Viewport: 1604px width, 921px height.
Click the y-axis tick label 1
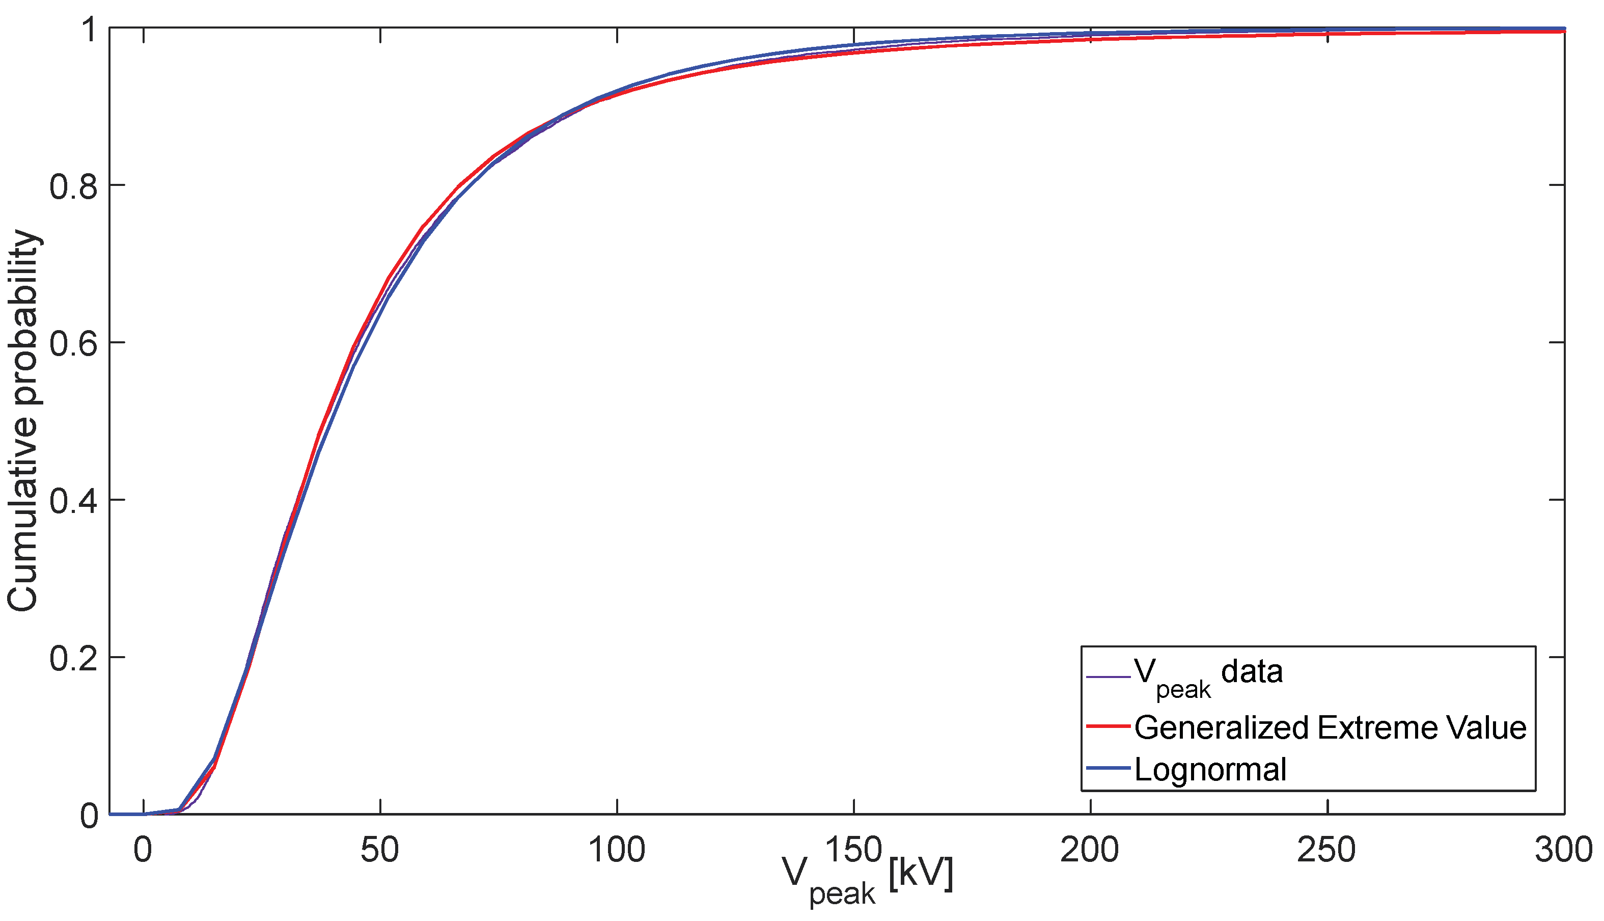(89, 29)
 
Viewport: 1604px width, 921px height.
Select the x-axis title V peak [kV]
(868, 879)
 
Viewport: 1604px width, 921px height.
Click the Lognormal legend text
(1210, 770)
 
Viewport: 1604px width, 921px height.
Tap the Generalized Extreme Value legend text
(1330, 727)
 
